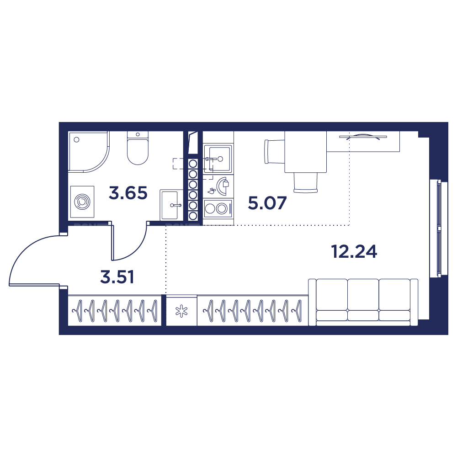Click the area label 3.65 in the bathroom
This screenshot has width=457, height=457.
pyautogui.click(x=128, y=193)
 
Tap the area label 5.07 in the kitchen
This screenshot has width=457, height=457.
pyautogui.click(x=267, y=203)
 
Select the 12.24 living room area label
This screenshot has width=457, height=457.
pyautogui.click(x=354, y=251)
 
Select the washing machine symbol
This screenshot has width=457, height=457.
pyautogui.click(x=82, y=202)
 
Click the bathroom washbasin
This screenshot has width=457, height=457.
pyautogui.click(x=171, y=205)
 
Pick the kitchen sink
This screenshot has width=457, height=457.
pyautogui.click(x=218, y=159)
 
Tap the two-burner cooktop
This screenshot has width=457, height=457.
pyautogui.click(x=218, y=208)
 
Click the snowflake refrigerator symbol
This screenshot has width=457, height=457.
pyautogui.click(x=181, y=311)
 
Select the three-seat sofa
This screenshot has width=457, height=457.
pyautogui.click(x=363, y=302)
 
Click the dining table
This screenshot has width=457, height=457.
pyautogui.click(x=305, y=152)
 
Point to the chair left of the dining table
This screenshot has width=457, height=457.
pyautogui.click(x=275, y=152)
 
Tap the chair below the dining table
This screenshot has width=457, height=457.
pyautogui.click(x=305, y=183)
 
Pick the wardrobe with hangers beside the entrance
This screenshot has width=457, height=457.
pyautogui.click(x=115, y=311)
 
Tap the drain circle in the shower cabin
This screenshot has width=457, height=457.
pyautogui.click(x=77, y=139)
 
